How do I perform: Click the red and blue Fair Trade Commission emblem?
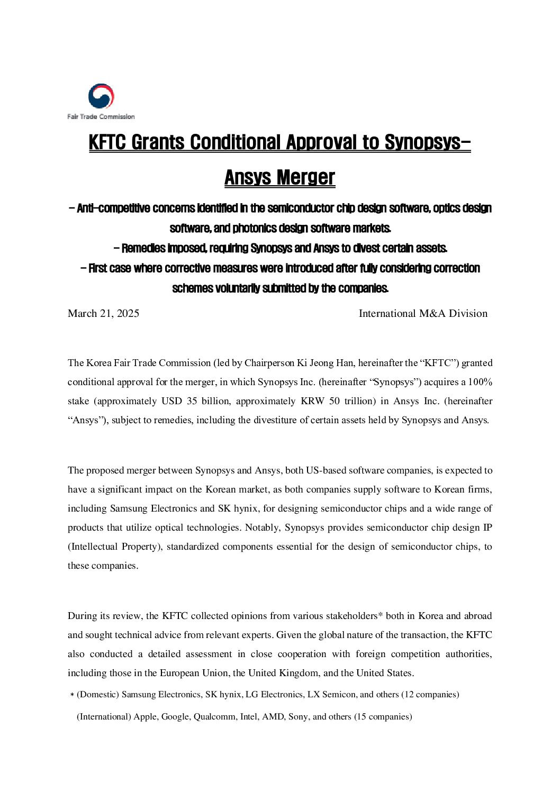tap(101, 96)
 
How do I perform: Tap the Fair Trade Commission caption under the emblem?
tap(101, 116)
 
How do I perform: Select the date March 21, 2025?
tap(103, 313)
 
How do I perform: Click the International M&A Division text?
tap(423, 313)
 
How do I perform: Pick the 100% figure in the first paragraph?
tap(481, 382)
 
